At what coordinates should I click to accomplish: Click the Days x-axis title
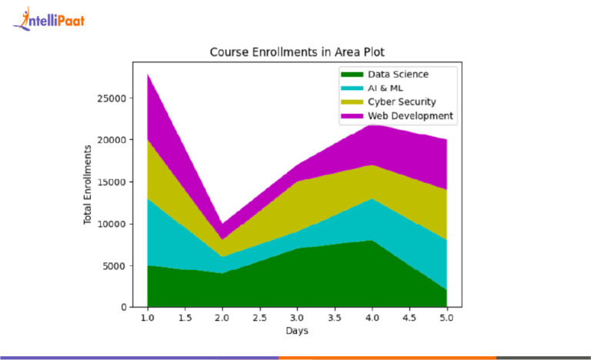(296, 332)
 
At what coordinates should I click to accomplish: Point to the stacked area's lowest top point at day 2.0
(222, 224)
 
